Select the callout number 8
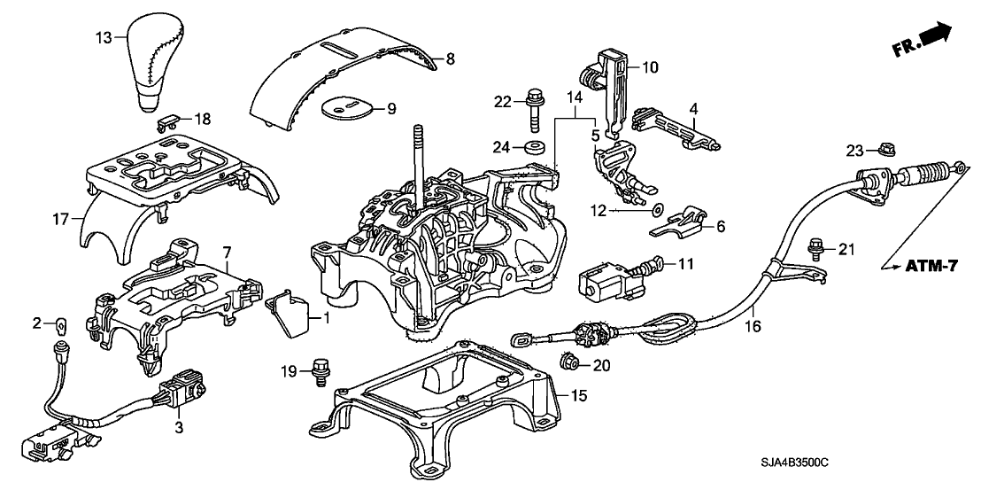pos(450,59)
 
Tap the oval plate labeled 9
pos(346,109)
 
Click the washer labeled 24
pos(536,144)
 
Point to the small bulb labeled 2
pos(61,323)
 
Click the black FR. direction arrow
pos(934,36)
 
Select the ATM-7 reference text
pos(930,265)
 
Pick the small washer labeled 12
pos(655,211)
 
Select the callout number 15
pos(577,394)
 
